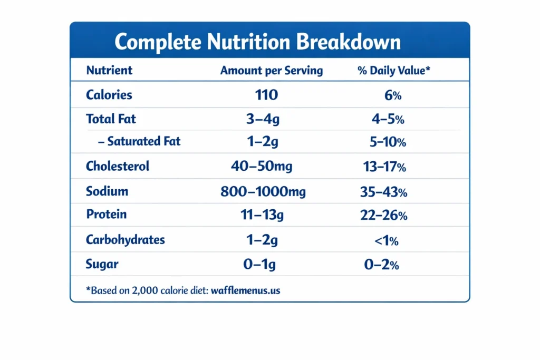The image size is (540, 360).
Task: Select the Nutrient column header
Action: [x=109, y=70]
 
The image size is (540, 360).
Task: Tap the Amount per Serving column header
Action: [x=271, y=70]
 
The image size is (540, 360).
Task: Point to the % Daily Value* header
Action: [x=393, y=70]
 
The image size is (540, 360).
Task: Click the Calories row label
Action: [x=109, y=95]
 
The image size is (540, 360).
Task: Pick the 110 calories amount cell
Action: [x=266, y=95]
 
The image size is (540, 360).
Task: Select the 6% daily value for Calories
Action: [x=390, y=95]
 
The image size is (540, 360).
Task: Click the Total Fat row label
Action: [x=111, y=119]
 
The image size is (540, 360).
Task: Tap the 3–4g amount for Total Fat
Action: [x=263, y=119]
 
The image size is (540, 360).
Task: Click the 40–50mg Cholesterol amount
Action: [x=262, y=167]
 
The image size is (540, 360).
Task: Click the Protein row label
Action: [x=106, y=215]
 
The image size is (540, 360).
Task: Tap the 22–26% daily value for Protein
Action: [x=383, y=216]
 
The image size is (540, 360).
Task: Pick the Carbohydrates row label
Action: [x=126, y=240]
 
